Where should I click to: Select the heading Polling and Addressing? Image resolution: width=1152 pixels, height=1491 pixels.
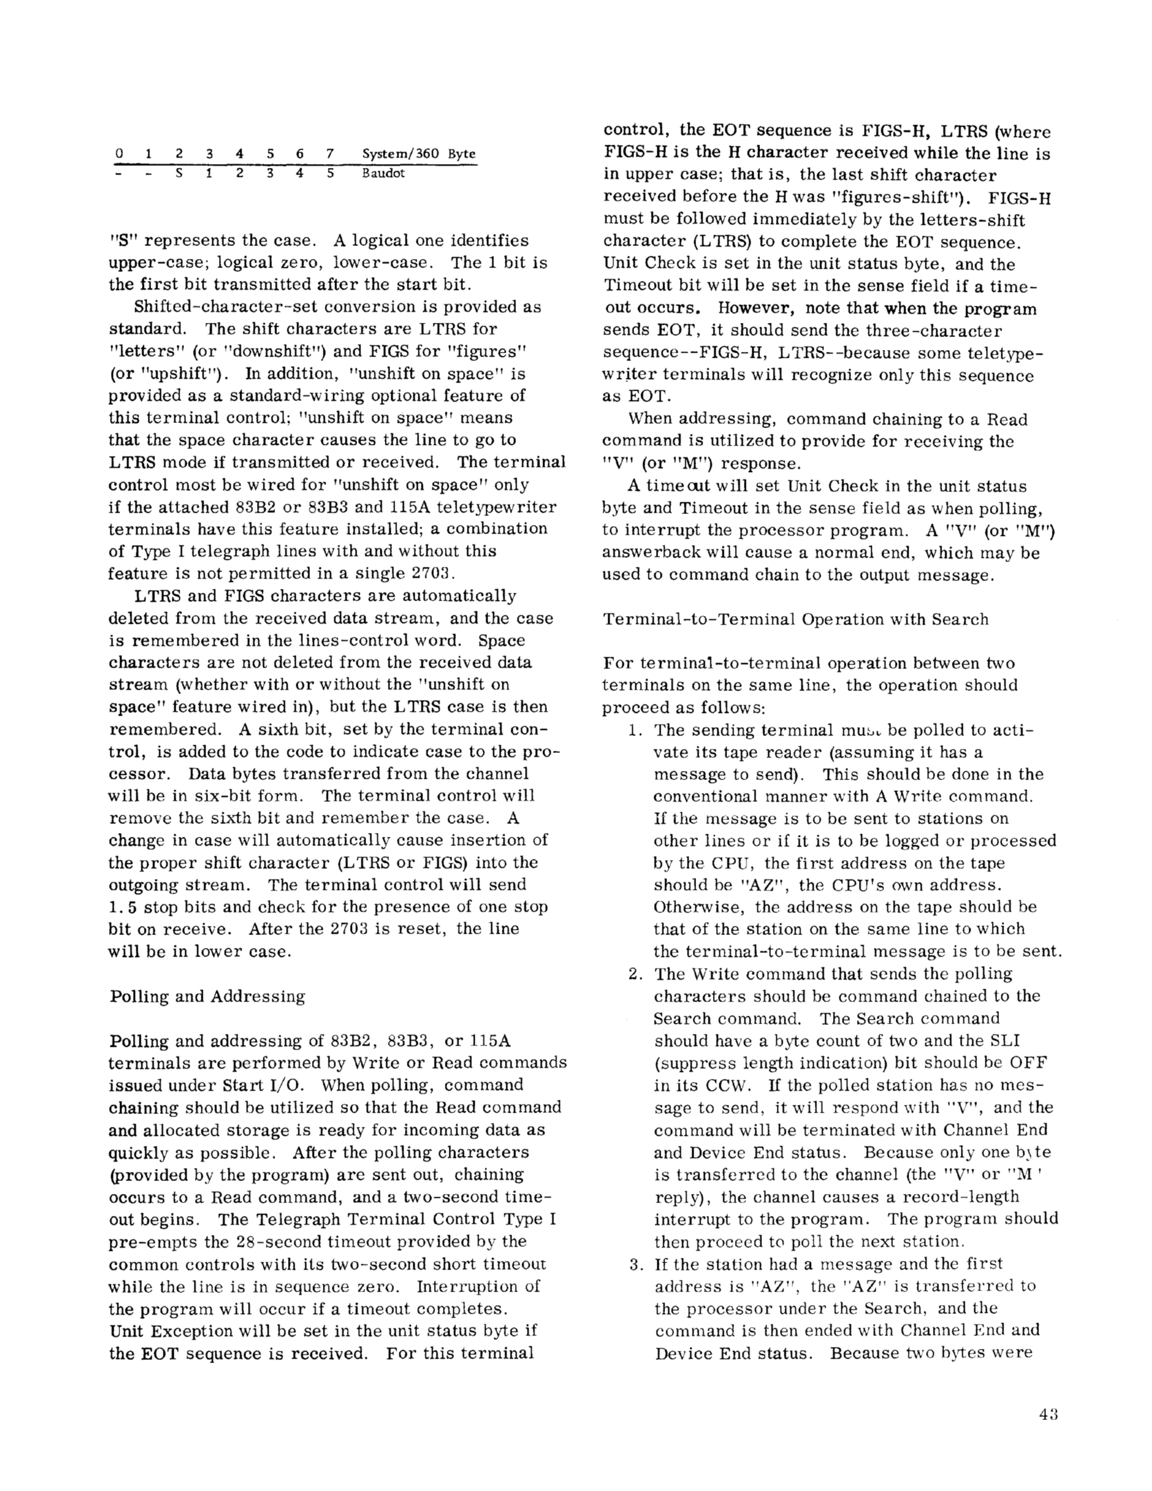[207, 996]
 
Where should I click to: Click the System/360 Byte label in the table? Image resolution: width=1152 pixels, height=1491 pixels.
[418, 154]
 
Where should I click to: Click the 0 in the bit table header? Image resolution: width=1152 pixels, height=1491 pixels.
[119, 154]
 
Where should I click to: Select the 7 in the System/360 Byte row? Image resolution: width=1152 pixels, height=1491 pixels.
[330, 154]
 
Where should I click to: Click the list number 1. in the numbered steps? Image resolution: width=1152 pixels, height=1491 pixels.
[636, 730]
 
